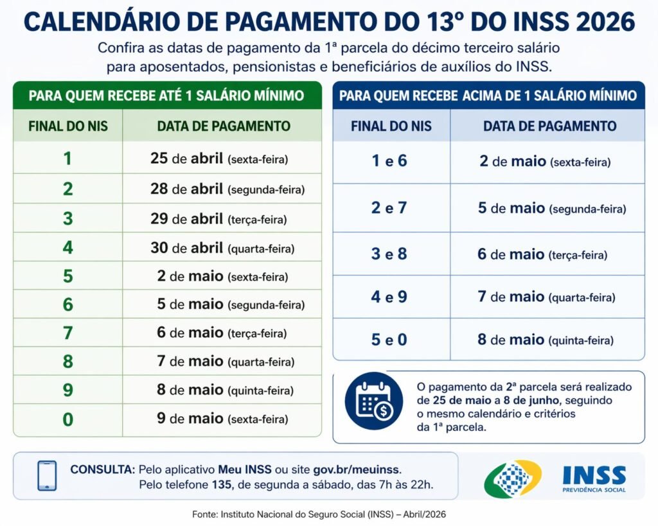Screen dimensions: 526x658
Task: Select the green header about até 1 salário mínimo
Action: [166, 96]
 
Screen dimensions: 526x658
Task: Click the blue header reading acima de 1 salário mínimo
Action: [488, 96]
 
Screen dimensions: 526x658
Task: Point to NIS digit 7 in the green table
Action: [67, 333]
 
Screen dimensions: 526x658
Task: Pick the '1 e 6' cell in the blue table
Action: [389, 161]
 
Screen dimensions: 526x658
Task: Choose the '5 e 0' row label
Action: [389, 339]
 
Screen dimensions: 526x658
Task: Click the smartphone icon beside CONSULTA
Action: [47, 475]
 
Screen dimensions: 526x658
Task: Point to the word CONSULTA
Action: [103, 469]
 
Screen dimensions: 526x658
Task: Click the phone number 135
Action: [220, 484]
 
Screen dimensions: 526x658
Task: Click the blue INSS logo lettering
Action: [594, 475]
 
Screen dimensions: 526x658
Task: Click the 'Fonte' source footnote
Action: [319, 514]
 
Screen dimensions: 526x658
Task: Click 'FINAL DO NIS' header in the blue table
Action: [391, 126]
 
